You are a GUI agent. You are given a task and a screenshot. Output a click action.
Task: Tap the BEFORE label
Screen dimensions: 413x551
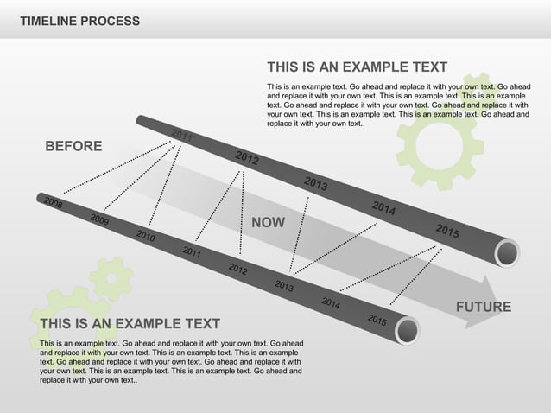[x=73, y=147]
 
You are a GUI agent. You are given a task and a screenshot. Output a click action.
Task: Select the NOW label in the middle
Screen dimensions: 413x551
[x=268, y=223]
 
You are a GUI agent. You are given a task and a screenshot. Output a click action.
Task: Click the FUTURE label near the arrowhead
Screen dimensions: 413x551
[x=483, y=307]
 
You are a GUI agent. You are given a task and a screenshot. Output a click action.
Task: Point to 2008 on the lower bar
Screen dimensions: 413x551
[x=54, y=204]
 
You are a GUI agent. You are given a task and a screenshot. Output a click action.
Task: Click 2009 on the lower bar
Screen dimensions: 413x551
[x=99, y=219]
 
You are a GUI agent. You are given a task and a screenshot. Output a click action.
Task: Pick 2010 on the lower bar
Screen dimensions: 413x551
[x=145, y=236]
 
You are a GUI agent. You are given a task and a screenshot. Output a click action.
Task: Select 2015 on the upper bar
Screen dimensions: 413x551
[x=447, y=231]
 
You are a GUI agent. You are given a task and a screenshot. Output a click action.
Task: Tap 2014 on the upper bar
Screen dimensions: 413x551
[x=384, y=208]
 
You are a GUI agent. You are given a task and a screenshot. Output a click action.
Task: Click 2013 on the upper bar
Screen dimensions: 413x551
[x=315, y=183]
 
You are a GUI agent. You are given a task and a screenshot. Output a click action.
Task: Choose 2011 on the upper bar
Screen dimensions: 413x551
[x=182, y=136]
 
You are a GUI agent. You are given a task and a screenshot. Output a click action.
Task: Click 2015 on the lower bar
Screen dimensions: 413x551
[x=377, y=319]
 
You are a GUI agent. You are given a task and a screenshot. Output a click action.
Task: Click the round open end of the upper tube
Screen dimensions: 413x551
[x=507, y=253]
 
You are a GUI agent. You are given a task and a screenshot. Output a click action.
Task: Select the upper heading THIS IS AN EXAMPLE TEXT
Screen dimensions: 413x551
[x=357, y=67]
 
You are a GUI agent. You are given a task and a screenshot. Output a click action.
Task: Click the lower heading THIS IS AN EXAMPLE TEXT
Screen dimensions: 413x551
[x=130, y=324]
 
